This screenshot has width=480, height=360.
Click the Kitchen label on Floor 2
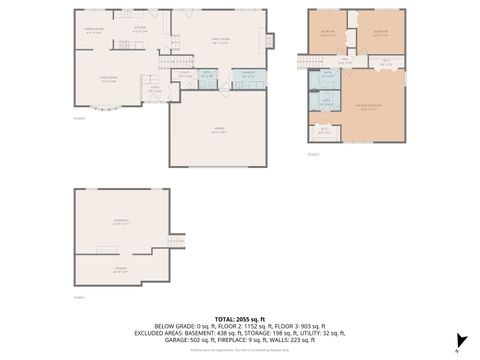click(x=140, y=30)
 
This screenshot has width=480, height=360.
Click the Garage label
click(x=217, y=132)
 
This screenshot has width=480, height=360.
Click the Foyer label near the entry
click(x=155, y=88)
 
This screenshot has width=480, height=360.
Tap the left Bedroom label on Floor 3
click(x=328, y=32)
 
